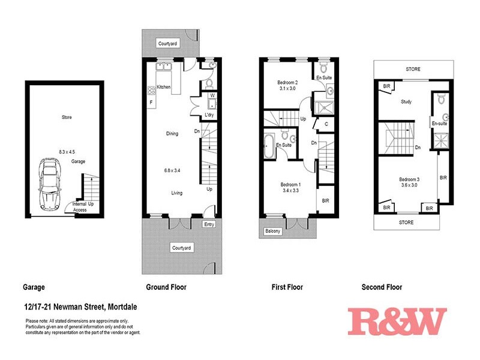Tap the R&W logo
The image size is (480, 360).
point(397,322)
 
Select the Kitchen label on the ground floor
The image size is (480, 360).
point(164,88)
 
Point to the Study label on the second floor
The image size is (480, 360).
point(406,102)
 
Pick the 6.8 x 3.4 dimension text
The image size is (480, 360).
point(173,171)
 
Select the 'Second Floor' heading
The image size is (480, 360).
point(382,287)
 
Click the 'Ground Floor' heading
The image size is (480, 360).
point(166,287)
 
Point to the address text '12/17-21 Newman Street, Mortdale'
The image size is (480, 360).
point(81,307)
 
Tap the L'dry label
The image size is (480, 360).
point(209,114)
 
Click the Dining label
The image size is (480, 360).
point(172,134)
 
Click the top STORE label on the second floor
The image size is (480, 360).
point(413,69)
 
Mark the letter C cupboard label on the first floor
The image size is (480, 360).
point(325,124)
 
